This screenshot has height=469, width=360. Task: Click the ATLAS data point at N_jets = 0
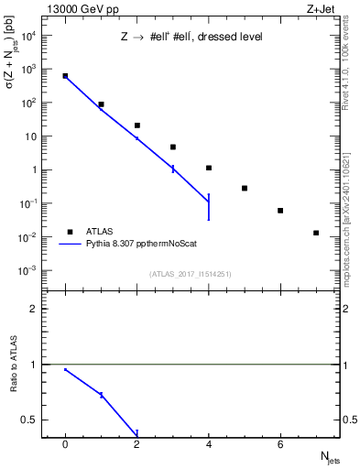[65, 76]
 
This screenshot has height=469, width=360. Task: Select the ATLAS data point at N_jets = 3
[173, 147]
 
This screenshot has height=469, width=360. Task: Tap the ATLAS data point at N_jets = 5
[245, 188]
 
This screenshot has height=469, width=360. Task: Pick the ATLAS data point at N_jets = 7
[316, 233]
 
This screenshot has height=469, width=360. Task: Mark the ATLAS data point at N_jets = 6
[280, 211]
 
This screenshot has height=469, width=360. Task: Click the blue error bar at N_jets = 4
[209, 207]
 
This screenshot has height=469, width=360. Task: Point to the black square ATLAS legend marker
[68, 232]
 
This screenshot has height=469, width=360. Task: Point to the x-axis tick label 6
[280, 445]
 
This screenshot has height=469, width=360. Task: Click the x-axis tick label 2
[137, 445]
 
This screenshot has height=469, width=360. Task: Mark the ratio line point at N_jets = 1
[101, 395]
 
